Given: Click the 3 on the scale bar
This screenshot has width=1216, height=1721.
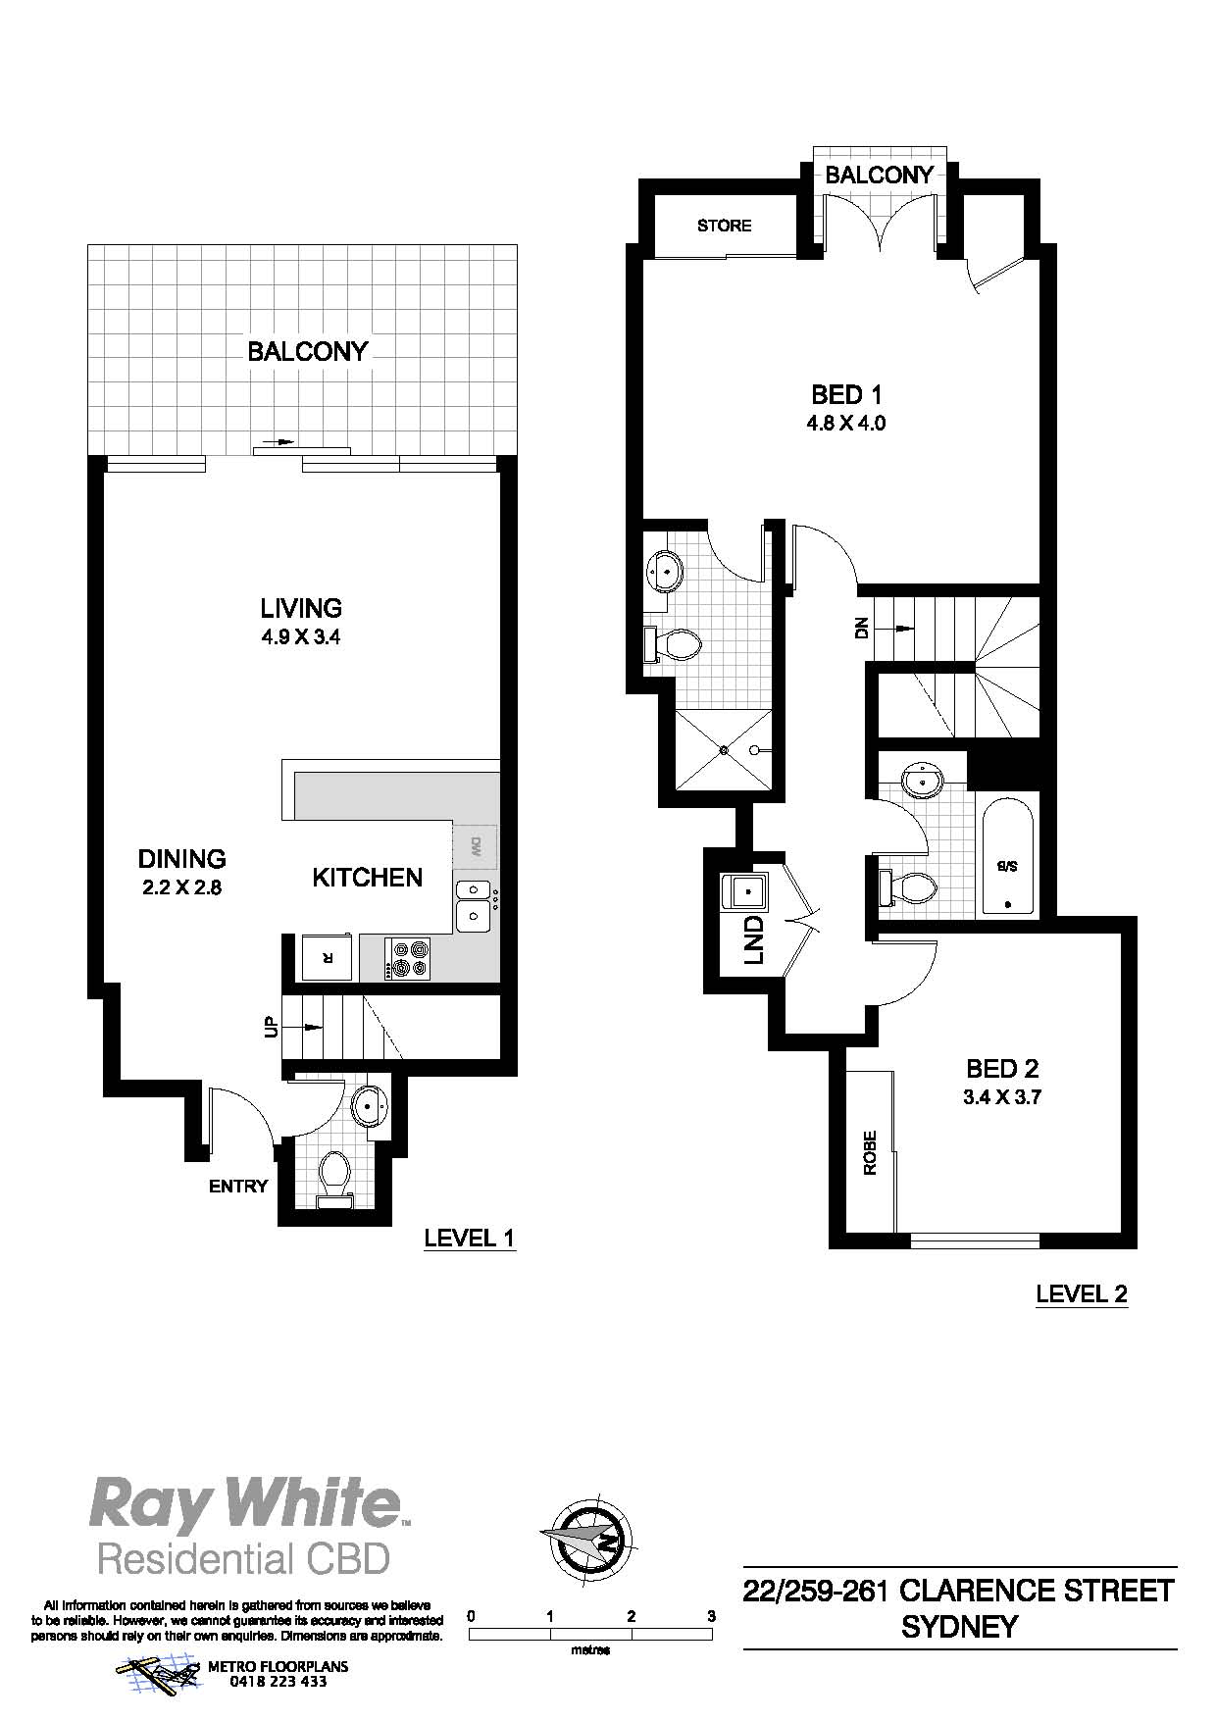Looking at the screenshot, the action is point(711,1616).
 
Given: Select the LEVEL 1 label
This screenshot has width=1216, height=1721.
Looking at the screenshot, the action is point(469,1239).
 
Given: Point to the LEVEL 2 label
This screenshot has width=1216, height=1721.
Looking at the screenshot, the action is point(1082,1294).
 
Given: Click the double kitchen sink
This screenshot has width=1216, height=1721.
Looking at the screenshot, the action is point(475,905).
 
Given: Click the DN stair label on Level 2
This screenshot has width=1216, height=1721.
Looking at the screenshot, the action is point(861,628).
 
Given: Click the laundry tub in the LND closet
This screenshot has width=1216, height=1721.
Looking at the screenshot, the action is point(746,893).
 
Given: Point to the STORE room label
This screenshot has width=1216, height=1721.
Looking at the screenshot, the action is point(725,226).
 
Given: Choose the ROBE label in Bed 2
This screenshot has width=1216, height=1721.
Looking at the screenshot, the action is point(870,1153).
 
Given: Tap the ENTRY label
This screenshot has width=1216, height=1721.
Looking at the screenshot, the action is point(238,1187).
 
